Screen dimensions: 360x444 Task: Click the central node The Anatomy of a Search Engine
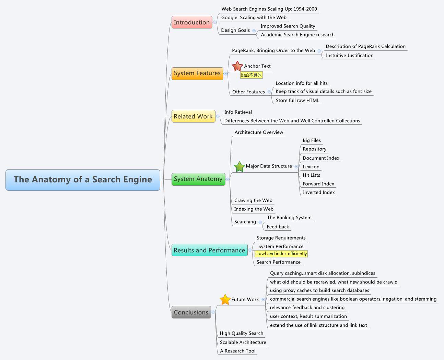pos(83,179)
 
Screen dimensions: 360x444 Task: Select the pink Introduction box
pos(192,22)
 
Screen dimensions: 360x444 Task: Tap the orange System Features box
pos(197,73)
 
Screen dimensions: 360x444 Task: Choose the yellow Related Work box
pos(193,116)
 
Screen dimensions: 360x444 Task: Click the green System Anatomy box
pos(198,179)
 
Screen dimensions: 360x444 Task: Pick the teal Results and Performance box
pos(209,250)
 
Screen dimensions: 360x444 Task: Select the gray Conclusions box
pos(191,312)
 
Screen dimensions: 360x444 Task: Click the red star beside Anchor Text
pos(237,66)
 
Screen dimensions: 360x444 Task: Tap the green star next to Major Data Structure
pos(239,167)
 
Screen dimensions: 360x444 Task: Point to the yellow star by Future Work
pos(225,300)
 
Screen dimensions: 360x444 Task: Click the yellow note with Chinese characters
pos(251,75)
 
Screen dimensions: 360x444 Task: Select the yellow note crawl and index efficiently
pos(281,254)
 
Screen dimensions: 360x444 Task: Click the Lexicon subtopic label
pos(311,167)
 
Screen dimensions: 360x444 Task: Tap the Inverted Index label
pos(319,193)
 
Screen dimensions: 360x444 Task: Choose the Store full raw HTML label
pos(297,101)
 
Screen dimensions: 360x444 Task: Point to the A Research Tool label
pos(238,351)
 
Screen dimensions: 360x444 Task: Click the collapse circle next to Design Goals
pos(254,31)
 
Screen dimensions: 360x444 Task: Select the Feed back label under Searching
pos(278,227)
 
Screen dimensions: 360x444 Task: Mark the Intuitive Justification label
pos(349,56)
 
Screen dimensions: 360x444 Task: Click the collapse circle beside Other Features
pos(269,92)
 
